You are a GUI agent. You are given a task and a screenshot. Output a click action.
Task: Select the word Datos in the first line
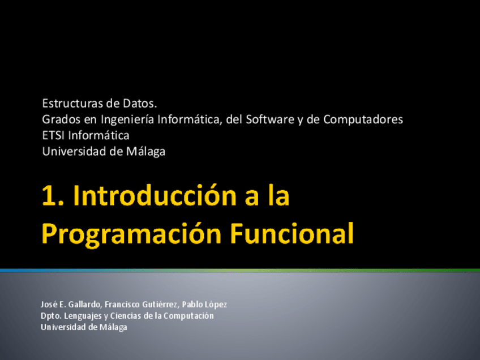pos(140,104)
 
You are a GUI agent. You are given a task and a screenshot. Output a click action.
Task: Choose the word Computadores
pos(363,119)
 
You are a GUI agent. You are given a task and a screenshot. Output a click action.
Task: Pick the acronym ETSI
pos(53,135)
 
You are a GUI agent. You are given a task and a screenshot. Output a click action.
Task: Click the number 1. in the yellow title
pos(53,196)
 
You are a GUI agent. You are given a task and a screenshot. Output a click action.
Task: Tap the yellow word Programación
pos(131,234)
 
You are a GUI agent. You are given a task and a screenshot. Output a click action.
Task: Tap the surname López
pos(216,305)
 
